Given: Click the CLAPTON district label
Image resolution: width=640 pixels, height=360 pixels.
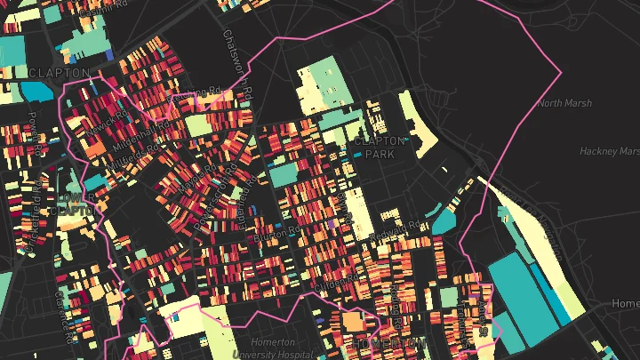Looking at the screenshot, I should coord(59,73).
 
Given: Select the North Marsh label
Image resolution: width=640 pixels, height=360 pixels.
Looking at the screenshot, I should coord(564,103).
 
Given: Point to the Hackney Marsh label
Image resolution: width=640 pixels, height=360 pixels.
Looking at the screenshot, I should coord(610,151).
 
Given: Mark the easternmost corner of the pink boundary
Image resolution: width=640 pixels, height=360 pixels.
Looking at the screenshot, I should coord(562,70).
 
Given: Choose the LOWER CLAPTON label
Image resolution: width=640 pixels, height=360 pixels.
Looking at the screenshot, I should coord(74,203).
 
